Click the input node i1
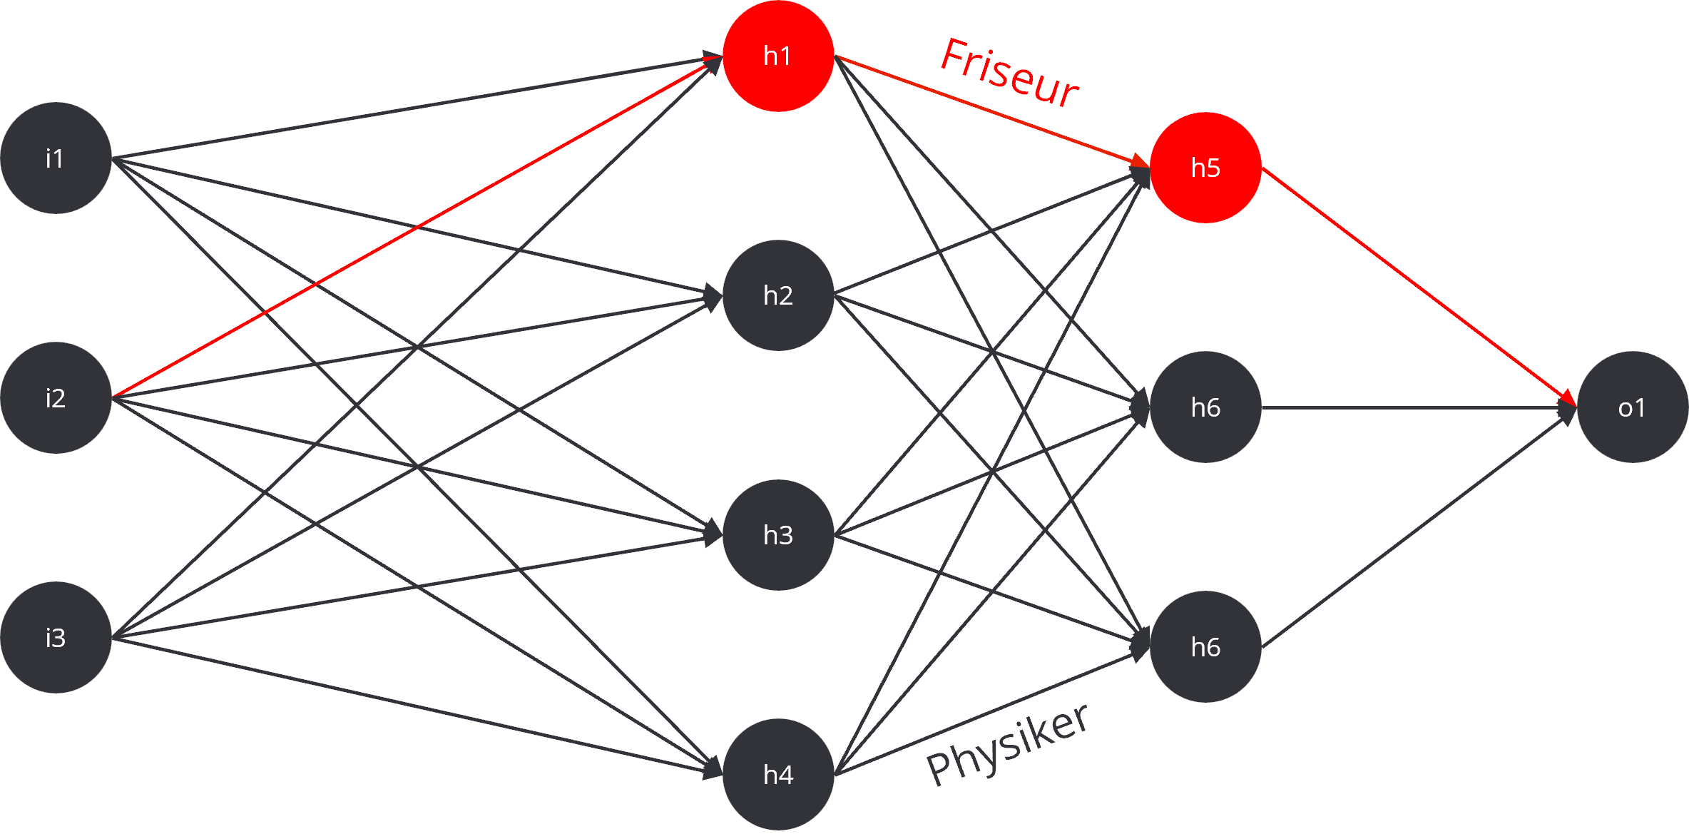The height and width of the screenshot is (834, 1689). click(56, 158)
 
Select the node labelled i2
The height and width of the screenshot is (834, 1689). click(56, 397)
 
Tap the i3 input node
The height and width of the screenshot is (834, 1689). click(56, 637)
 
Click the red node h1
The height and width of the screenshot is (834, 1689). click(778, 56)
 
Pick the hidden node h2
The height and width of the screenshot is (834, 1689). click(778, 295)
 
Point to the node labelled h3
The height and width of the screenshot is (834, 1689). click(778, 534)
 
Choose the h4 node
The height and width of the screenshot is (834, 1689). click(778, 774)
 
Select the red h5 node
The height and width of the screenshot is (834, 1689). click(1205, 168)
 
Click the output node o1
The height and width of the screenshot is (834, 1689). click(1632, 407)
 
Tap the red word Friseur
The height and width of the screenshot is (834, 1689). click(1009, 73)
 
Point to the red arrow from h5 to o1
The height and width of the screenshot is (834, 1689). click(1419, 288)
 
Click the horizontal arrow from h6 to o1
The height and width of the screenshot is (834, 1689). click(1419, 407)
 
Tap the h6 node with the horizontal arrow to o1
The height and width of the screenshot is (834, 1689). click(1205, 407)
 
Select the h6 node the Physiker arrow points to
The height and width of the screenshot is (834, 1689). click(1205, 646)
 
